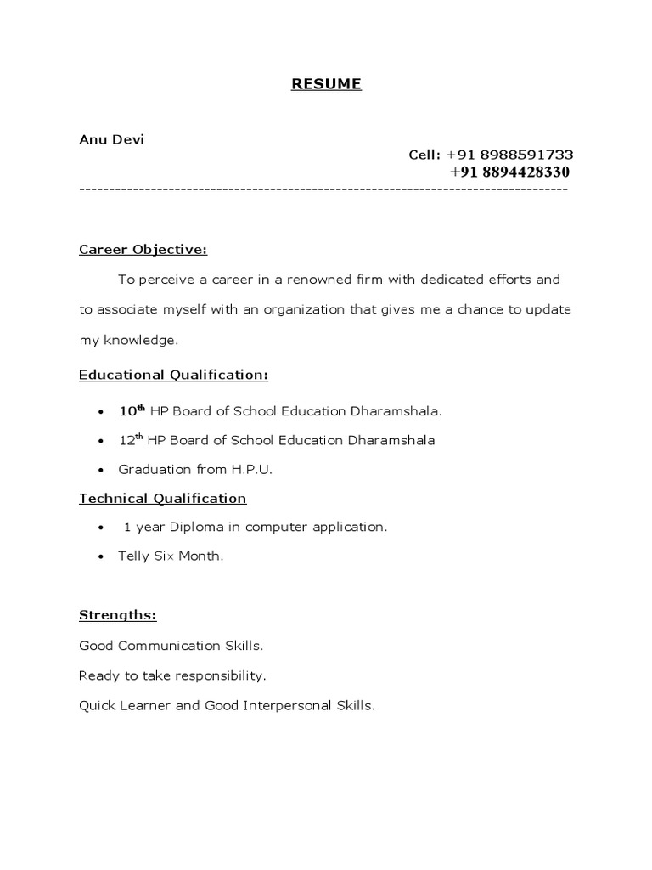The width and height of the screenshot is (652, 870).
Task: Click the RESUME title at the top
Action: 327,84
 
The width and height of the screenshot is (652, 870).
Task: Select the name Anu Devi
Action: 111,139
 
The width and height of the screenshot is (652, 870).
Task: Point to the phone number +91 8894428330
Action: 509,172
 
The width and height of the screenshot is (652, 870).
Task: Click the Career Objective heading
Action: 143,250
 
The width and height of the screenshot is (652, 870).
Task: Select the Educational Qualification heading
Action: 173,374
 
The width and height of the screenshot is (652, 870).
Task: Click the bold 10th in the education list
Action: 132,410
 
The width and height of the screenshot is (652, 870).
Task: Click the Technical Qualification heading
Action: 162,499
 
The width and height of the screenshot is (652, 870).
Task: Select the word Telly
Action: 135,556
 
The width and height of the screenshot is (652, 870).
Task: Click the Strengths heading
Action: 118,615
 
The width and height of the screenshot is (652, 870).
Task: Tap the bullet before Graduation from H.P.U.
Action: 101,470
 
